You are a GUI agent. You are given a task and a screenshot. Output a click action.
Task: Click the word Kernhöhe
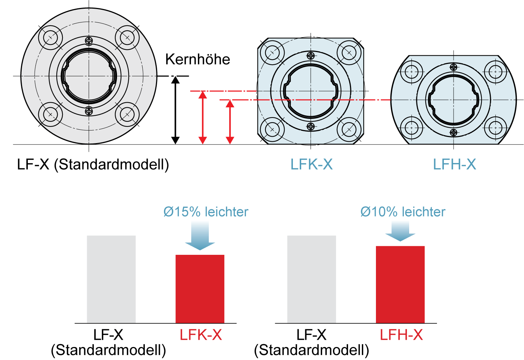tap(198, 60)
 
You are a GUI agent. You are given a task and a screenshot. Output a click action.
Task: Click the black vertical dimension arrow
tap(175, 110)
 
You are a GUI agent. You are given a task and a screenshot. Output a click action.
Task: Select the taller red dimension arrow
tap(203, 117)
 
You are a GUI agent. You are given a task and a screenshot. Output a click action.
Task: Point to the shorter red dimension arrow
tap(230, 122)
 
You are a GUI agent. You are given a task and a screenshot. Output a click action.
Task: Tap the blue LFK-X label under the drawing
tap(311, 164)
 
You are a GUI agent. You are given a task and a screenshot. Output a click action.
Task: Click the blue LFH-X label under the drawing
tap(454, 164)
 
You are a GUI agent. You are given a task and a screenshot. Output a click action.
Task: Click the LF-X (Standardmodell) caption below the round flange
tap(93, 164)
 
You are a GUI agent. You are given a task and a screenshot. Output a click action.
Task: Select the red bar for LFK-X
tap(200, 289)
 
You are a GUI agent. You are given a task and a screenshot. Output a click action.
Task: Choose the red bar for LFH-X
tap(400, 284)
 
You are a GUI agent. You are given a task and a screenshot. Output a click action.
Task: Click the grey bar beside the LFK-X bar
tap(111, 279)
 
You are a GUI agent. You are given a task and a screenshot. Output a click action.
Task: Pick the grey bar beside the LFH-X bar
tap(311, 279)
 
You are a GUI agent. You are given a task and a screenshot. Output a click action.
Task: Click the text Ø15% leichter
tap(206, 212)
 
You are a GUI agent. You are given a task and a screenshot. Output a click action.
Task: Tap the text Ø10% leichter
tap(403, 212)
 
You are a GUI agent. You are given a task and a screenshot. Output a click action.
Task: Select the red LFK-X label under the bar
tap(201, 335)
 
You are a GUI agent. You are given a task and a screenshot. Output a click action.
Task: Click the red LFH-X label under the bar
tap(401, 335)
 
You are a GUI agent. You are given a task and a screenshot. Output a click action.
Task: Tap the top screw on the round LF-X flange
tap(89, 40)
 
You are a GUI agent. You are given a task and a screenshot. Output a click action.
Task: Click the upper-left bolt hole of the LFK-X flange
tap(272, 53)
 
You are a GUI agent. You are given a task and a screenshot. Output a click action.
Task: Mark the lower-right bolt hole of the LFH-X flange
tap(495, 128)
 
